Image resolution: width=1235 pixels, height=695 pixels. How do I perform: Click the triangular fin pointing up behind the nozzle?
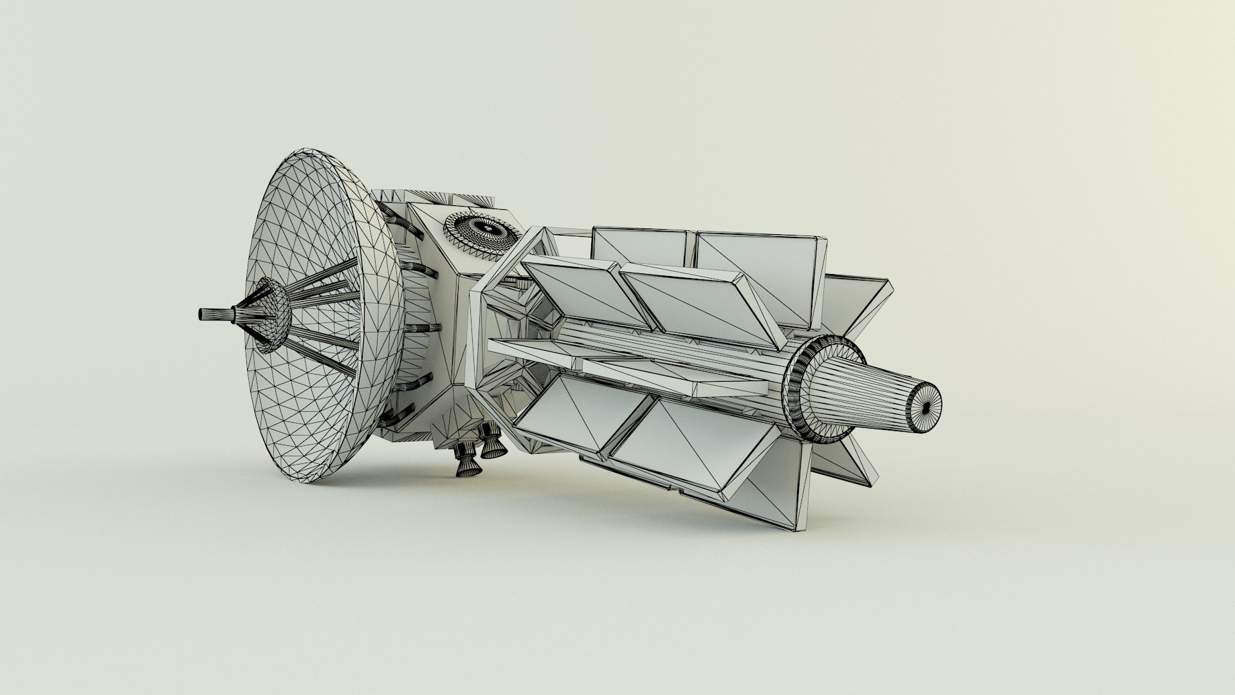point(859,302)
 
